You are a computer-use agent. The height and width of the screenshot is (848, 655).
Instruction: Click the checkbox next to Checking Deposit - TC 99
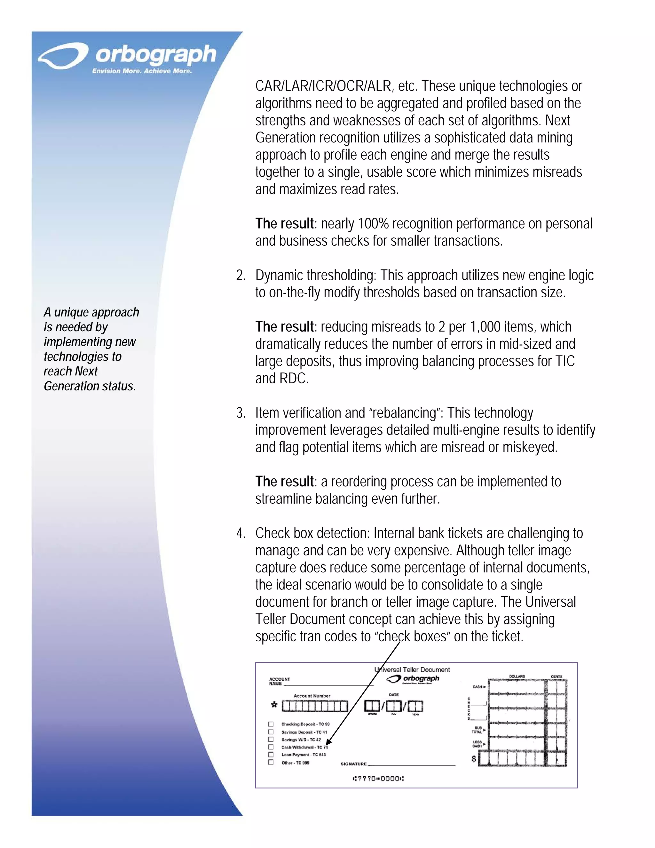(x=271, y=724)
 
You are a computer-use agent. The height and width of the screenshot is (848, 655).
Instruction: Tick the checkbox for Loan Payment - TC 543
(x=271, y=755)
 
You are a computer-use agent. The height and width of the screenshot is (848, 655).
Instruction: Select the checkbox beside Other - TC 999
(x=271, y=762)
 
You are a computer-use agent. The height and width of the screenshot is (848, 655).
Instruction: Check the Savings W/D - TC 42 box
(x=271, y=739)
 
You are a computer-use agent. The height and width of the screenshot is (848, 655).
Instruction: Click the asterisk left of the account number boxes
(x=274, y=705)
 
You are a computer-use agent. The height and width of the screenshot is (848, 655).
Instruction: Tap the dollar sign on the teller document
(x=473, y=759)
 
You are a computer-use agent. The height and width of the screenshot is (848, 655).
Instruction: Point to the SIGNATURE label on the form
(x=353, y=764)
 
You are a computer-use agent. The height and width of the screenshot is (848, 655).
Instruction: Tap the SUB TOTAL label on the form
(x=477, y=730)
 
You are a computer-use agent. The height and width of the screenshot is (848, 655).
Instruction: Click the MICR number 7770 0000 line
(x=378, y=779)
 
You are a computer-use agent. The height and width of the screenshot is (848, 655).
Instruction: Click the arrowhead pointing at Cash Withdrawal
(x=327, y=743)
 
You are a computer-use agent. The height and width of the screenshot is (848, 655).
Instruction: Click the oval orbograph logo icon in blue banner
(x=63, y=56)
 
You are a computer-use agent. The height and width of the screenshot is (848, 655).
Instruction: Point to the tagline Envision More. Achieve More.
(x=142, y=71)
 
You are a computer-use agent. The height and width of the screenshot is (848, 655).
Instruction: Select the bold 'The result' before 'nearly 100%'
(x=284, y=224)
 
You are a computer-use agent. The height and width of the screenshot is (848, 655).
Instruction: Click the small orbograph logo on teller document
(x=413, y=679)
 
